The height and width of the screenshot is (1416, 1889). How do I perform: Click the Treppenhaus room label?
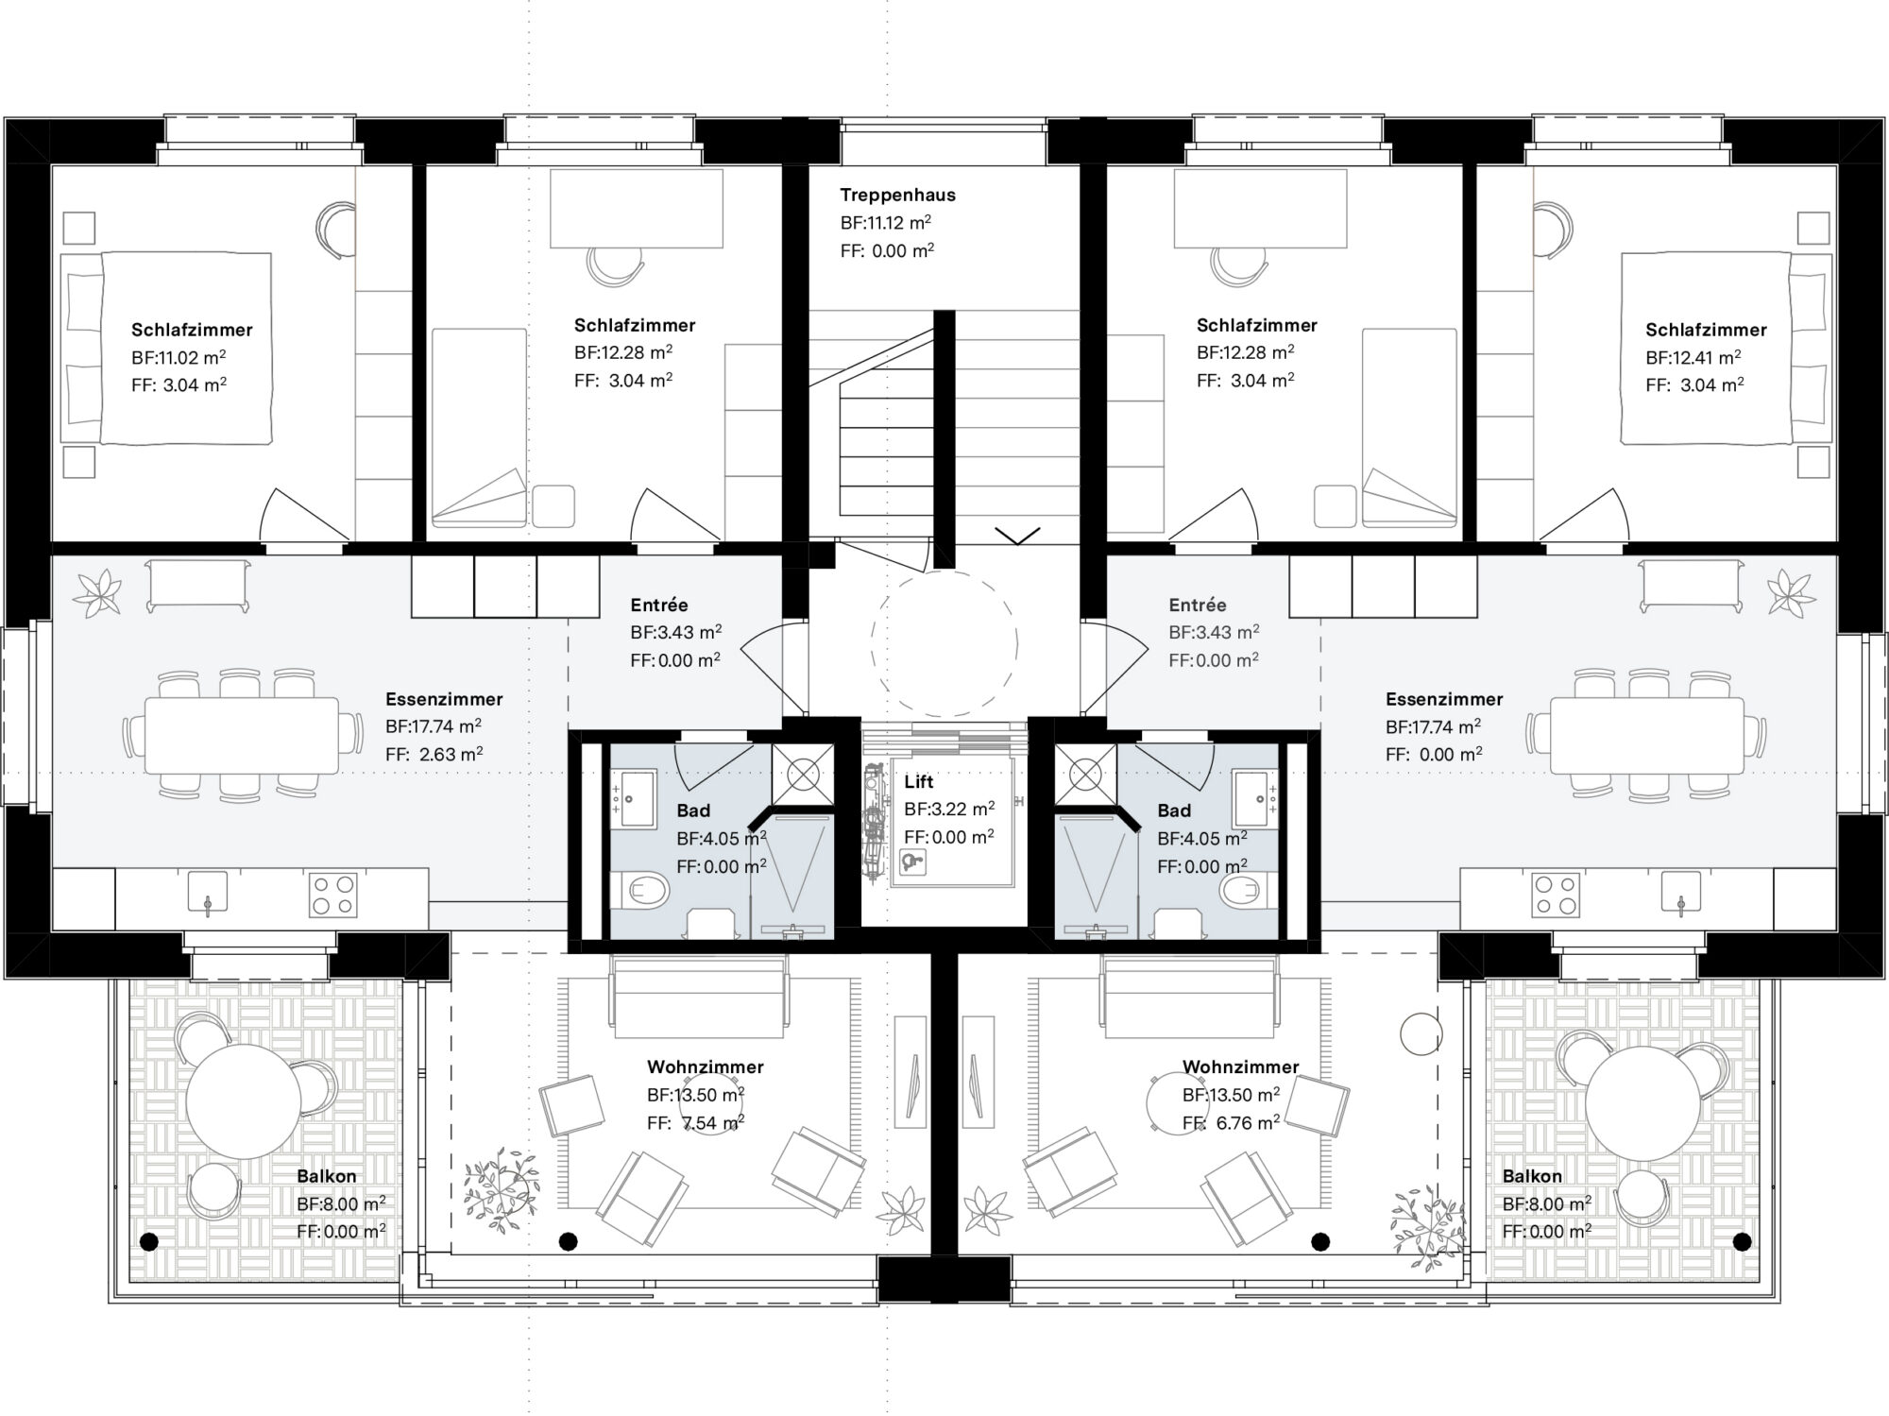click(x=897, y=196)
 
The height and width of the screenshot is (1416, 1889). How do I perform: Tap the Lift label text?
click(x=918, y=782)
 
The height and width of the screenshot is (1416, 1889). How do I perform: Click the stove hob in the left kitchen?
click(x=333, y=895)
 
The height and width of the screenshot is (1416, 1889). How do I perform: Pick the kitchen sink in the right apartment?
click(x=1680, y=894)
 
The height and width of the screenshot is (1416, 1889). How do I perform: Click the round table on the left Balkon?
click(x=244, y=1101)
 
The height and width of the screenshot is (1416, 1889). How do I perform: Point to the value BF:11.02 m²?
click(x=179, y=358)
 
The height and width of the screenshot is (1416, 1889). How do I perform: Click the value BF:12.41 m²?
click(x=1693, y=358)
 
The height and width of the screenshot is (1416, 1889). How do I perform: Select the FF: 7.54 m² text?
click(x=696, y=1123)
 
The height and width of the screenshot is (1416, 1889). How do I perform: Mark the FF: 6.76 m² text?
click(x=1231, y=1123)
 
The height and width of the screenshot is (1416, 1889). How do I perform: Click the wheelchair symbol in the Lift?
click(x=912, y=862)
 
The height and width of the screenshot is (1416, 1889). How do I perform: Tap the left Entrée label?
click(x=659, y=606)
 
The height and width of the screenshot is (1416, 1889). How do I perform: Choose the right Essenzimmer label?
click(x=1444, y=700)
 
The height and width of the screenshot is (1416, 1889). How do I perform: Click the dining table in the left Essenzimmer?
click(x=242, y=735)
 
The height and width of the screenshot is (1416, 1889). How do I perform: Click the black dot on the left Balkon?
click(x=147, y=1240)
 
